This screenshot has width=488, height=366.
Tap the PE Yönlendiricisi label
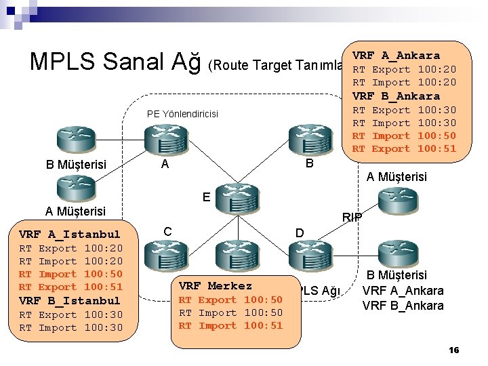pos(182,114)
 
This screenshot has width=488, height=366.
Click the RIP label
pos(352,218)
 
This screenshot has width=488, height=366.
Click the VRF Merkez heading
pos(216,286)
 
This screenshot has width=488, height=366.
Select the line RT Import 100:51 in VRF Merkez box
pos(230,325)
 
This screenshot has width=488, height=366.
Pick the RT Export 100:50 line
pos(230,300)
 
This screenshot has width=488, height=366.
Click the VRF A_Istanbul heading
pos(70,235)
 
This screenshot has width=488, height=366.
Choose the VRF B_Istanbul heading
pos(70,300)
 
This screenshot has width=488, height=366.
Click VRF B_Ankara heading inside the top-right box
pos(396,96)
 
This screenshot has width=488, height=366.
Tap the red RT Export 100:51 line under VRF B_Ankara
pos(405,148)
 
